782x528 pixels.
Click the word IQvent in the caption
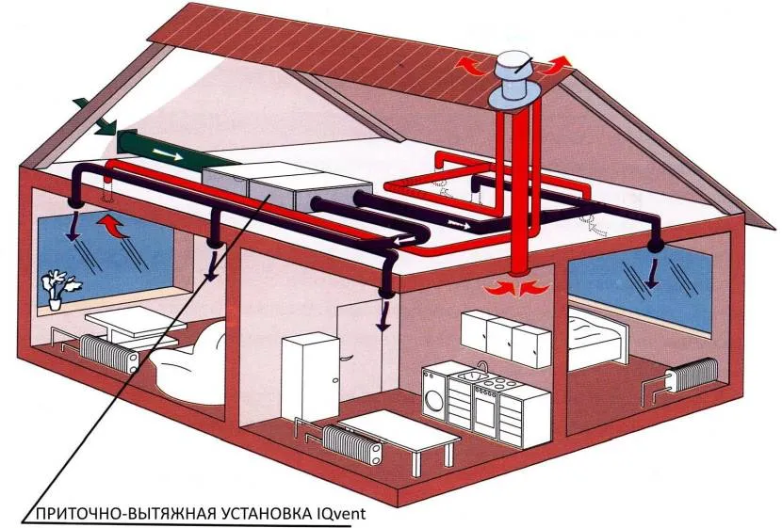334,514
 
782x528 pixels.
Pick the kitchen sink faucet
481,366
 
